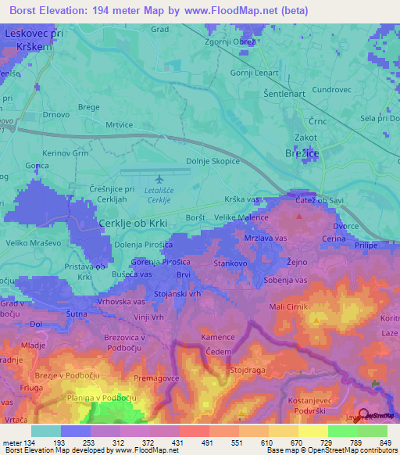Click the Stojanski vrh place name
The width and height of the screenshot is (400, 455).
click(x=177, y=294)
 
